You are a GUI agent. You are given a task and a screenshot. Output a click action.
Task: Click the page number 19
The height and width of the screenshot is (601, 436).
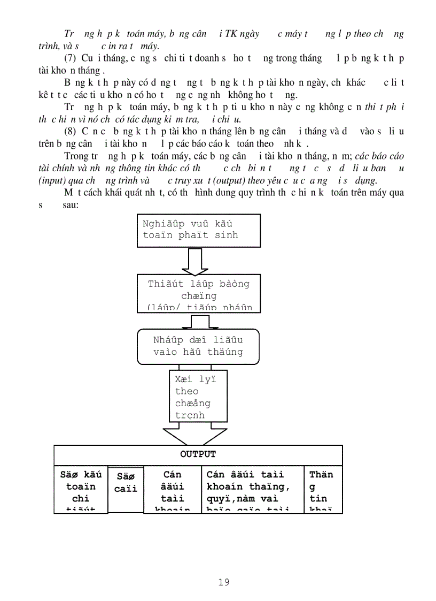pos(224,582)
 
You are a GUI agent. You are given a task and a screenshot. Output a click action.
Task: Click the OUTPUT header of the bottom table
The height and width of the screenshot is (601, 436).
pos(198,454)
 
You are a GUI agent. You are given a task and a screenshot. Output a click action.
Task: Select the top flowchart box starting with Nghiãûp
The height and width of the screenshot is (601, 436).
pos(198,230)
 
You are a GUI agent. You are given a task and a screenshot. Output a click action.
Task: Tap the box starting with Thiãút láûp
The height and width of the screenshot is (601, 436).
pos(198,293)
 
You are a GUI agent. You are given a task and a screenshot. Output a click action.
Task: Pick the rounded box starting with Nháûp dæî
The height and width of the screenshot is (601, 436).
pos(198,346)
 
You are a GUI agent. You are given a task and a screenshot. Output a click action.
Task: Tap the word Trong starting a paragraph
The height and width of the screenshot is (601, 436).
pos(76,156)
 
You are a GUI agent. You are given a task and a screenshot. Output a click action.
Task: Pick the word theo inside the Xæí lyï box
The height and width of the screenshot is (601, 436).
pos(186,391)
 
